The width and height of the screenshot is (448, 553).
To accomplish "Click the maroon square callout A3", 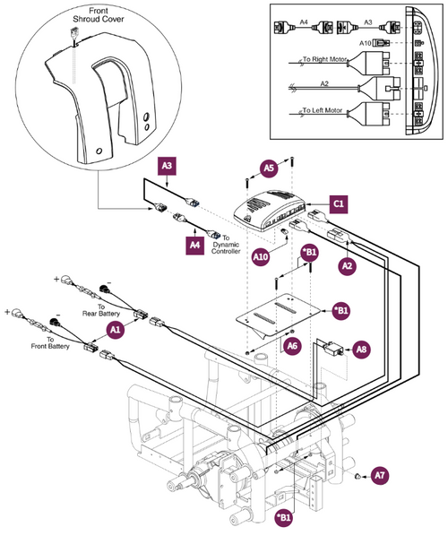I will point(168,166).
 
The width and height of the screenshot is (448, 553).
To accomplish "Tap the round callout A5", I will point(270,167).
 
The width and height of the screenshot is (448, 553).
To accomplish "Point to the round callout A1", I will point(115,330).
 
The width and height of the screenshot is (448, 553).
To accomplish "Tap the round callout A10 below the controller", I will point(261,257).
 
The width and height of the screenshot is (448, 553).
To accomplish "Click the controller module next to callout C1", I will point(275,212).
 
